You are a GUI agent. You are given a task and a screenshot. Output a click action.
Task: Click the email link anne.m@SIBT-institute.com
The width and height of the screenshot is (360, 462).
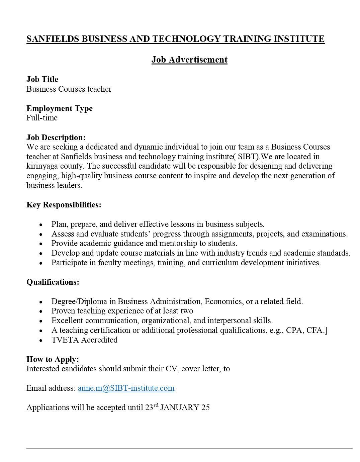(x=126, y=388)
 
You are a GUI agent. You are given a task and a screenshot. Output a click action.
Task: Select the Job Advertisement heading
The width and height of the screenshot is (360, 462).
(x=189, y=60)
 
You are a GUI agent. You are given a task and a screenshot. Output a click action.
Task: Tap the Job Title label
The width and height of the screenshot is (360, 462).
(x=42, y=79)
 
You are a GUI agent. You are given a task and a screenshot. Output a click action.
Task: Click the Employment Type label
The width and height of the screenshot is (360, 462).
(x=60, y=108)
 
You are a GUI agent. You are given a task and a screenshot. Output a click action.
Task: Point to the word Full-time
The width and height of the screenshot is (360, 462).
(x=42, y=118)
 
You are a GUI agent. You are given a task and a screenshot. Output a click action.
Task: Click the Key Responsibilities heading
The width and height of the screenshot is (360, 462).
(x=64, y=205)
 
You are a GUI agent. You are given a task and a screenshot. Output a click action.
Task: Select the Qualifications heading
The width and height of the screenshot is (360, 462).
(x=53, y=282)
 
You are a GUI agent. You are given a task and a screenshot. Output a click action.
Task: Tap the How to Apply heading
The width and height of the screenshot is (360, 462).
(x=53, y=359)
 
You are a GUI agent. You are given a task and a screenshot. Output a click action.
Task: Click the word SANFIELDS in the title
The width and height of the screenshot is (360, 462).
(x=53, y=39)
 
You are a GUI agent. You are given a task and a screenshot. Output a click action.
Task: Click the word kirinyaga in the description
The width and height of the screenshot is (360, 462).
(x=41, y=166)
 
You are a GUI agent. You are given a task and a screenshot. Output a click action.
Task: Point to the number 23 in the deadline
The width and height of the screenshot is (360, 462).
(x=149, y=407)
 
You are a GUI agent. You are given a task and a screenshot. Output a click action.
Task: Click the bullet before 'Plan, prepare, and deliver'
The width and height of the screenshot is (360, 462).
(x=41, y=225)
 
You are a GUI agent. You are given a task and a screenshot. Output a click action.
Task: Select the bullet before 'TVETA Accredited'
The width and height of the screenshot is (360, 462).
(x=41, y=340)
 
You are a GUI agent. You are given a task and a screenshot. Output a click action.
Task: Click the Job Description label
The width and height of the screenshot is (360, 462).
(x=56, y=137)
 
